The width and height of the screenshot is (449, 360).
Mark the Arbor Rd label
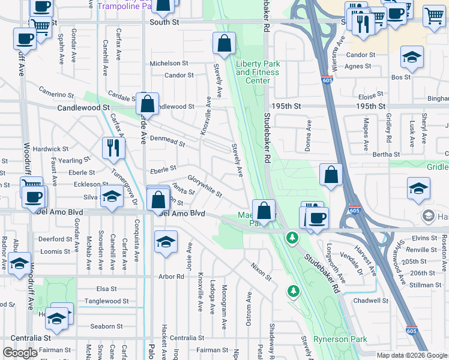172,277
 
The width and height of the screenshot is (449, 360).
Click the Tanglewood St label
107,301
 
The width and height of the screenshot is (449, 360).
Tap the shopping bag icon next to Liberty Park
224,44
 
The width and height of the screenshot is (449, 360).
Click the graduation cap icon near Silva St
112,197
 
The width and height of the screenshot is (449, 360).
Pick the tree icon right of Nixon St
293,292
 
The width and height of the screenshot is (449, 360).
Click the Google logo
20,353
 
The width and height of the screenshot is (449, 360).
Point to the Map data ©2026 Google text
411,355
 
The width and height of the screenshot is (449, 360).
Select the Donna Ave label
309,136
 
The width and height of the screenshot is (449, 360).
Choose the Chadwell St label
371,301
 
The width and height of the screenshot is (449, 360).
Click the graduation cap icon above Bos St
412,58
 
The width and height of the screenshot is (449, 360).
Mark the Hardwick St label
50,149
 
